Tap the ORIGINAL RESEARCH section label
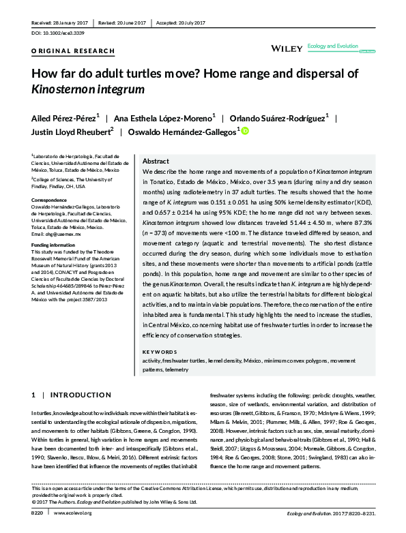click(64, 51)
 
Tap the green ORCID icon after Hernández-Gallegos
click(245, 132)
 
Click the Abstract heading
click(156, 162)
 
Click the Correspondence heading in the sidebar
click(51, 200)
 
